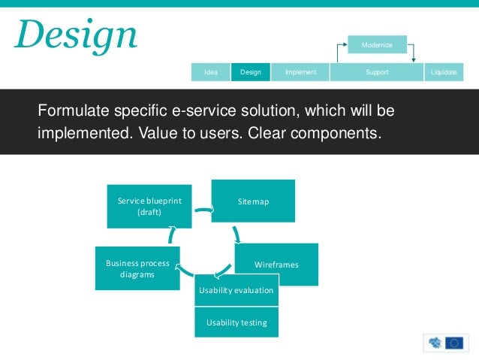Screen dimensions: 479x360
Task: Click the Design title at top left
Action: coord(75,35)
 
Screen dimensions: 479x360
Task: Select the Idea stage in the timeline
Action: coord(211,72)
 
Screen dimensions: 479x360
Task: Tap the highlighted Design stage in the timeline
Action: coord(250,72)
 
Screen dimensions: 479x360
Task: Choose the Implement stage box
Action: coord(300,72)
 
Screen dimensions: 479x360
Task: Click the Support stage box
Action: coord(376,72)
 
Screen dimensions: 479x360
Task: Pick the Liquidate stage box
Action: coord(444,72)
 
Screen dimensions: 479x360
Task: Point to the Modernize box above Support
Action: coord(377,45)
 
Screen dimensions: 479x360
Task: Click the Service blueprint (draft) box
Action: coord(149,205)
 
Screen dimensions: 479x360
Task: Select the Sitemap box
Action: coord(253,201)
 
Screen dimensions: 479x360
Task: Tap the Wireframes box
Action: coord(276,265)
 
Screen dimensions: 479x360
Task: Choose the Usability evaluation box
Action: coord(236,290)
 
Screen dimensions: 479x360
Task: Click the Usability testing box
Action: coord(236,322)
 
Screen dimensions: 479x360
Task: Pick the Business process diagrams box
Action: coord(137,268)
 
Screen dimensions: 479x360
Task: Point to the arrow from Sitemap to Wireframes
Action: coord(238,234)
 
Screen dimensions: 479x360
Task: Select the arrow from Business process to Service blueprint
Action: coord(172,237)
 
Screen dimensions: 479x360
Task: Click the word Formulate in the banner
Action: coord(70,112)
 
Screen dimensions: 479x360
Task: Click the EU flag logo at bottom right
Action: coord(453,343)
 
